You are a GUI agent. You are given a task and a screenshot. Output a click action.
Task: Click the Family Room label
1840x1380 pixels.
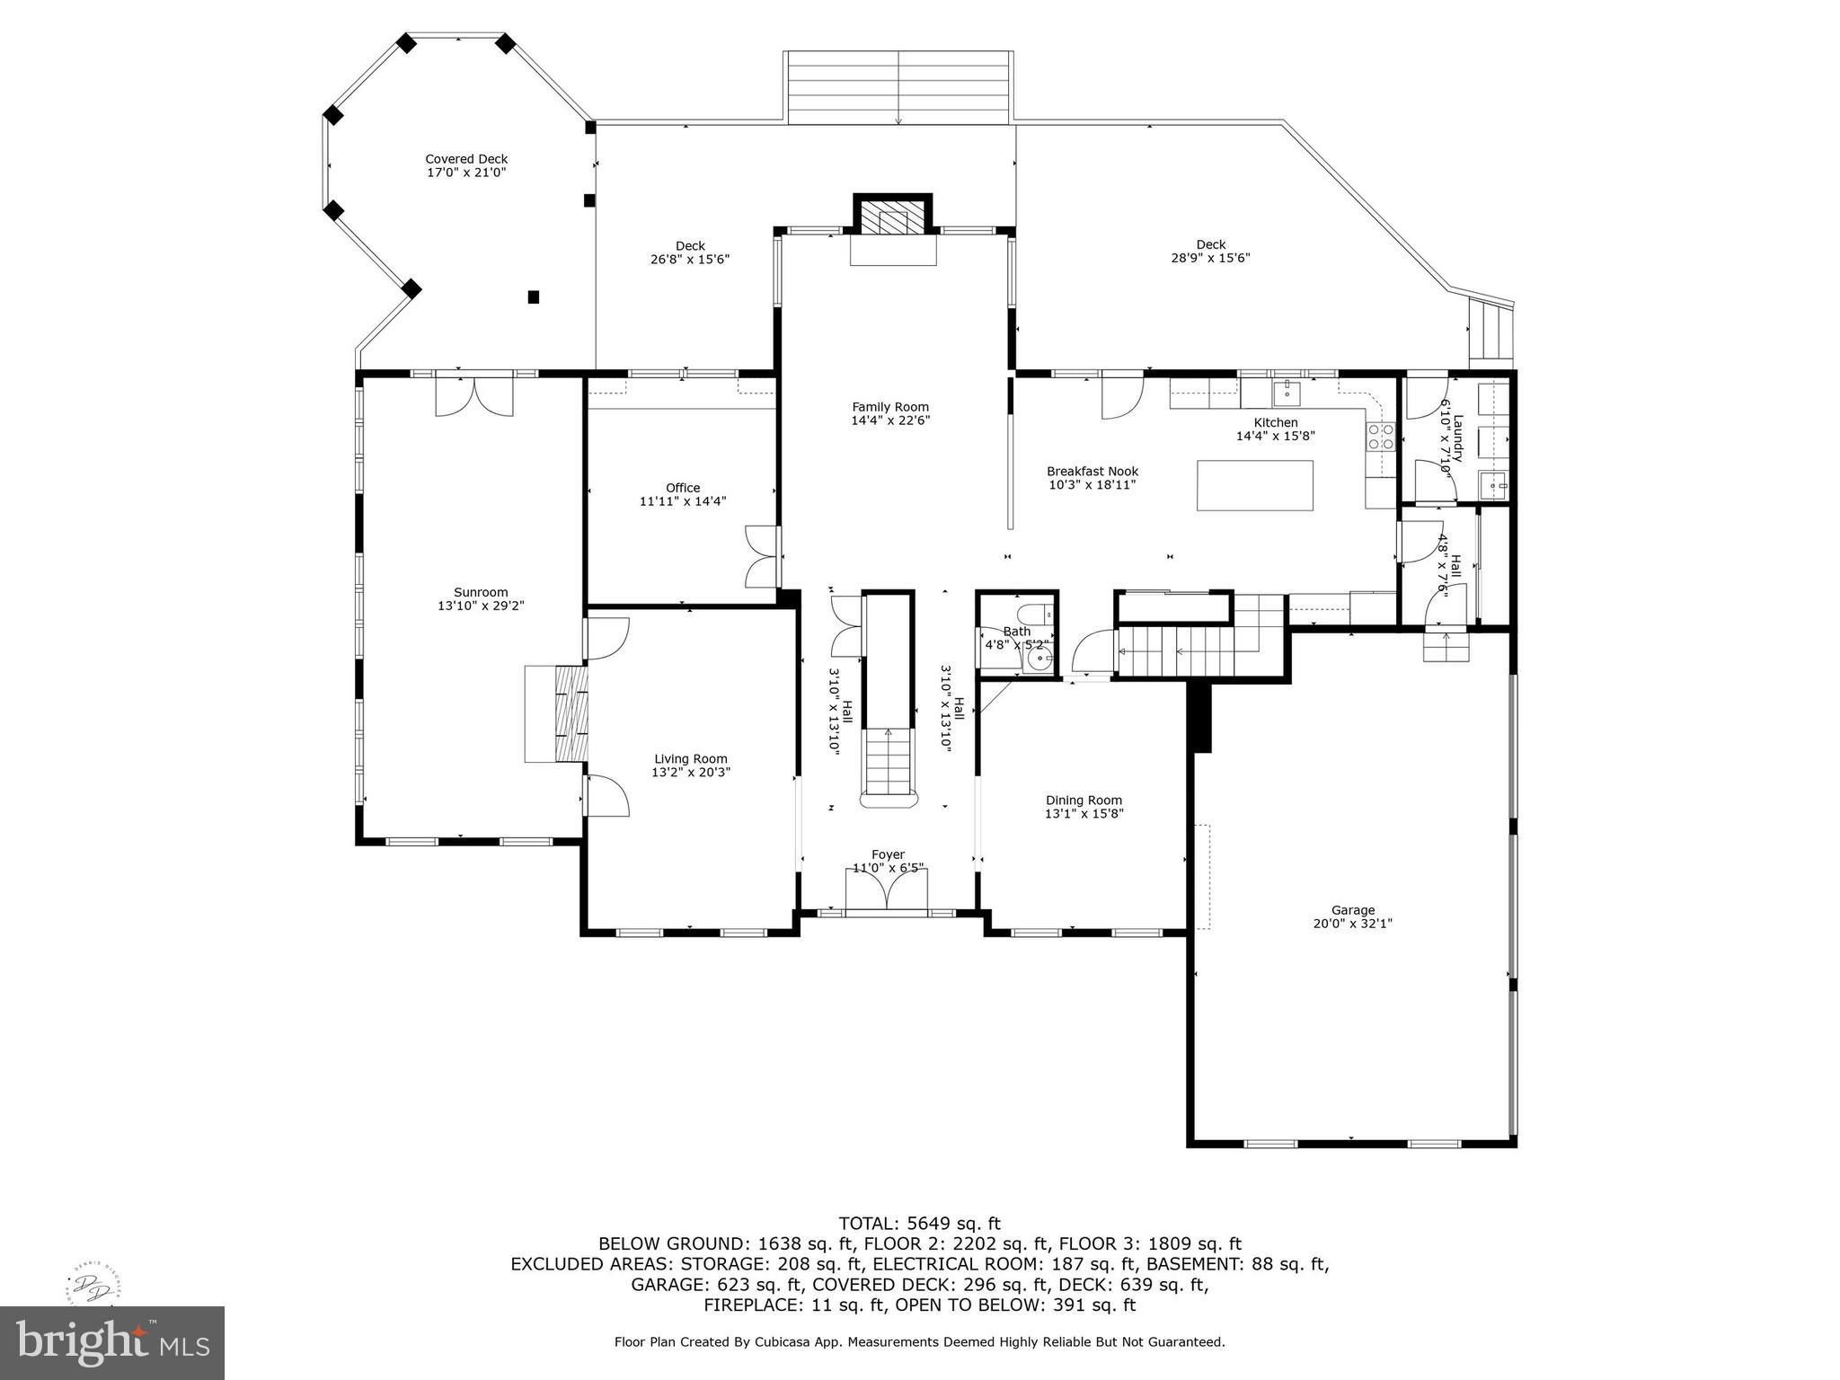click(x=890, y=407)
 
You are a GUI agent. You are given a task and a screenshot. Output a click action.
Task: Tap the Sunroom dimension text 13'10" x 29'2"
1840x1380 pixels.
click(x=481, y=606)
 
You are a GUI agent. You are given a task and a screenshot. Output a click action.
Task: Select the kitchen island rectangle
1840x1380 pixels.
click(x=1254, y=485)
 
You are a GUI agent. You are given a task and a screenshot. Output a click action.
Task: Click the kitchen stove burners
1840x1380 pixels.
click(x=1380, y=437)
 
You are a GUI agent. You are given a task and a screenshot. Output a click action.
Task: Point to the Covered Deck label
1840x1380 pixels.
click(x=466, y=159)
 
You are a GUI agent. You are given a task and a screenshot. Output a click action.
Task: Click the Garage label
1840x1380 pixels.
click(x=1352, y=910)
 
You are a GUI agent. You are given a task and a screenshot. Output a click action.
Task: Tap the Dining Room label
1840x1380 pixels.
click(x=1084, y=801)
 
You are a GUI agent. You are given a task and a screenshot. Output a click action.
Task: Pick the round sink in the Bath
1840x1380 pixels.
click(x=1039, y=662)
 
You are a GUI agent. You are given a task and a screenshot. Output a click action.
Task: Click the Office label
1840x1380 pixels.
click(x=683, y=488)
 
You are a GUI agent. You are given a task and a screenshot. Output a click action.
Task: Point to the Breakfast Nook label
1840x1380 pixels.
click(x=1092, y=471)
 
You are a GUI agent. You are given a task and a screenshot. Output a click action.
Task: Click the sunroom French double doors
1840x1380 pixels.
click(x=474, y=395)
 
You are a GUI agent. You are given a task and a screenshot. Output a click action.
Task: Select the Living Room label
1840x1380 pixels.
click(x=690, y=758)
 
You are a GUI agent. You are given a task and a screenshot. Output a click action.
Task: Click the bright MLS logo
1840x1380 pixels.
click(x=112, y=1343)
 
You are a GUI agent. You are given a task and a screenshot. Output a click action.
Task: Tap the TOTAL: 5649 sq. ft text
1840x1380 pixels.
click(x=919, y=1223)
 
